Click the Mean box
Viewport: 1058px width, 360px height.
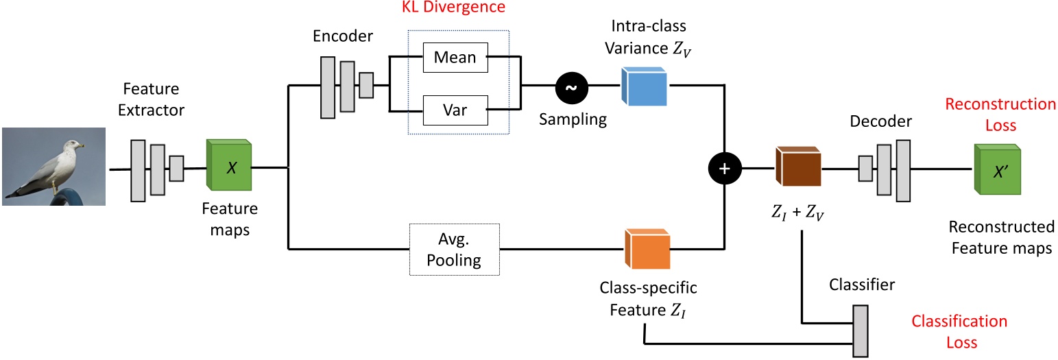[455, 58]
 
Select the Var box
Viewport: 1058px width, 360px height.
[455, 110]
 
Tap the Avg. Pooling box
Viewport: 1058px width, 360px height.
[454, 251]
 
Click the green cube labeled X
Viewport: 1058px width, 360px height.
[230, 167]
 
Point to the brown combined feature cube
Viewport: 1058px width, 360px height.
[798, 169]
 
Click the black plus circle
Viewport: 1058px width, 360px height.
[726, 167]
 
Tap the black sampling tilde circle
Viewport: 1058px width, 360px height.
[571, 86]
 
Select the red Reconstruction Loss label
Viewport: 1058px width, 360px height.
[1000, 115]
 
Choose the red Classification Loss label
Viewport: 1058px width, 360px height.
[959, 331]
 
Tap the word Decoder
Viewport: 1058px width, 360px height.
[880, 122]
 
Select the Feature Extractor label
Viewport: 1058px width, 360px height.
[151, 99]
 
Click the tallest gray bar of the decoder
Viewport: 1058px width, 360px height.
[903, 170]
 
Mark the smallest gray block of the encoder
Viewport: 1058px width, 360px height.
[366, 86]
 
